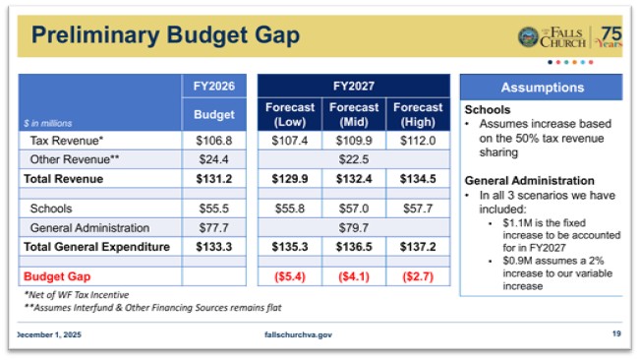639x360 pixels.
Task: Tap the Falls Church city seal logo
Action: [528, 37]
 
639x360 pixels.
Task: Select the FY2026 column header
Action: [213, 86]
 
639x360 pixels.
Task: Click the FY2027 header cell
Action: [355, 86]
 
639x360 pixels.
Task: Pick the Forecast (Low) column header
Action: [290, 114]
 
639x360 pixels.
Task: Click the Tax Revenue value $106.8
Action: [213, 142]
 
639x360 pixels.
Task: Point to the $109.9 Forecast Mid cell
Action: [354, 142]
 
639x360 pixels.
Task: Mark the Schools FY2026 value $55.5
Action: [213, 209]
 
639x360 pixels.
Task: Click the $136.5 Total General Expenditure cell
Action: [354, 246]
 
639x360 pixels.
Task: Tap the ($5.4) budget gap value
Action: [290, 276]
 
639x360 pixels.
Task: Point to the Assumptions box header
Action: [542, 87]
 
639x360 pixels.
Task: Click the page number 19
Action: [615, 334]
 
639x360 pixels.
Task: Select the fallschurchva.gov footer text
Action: [299, 334]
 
